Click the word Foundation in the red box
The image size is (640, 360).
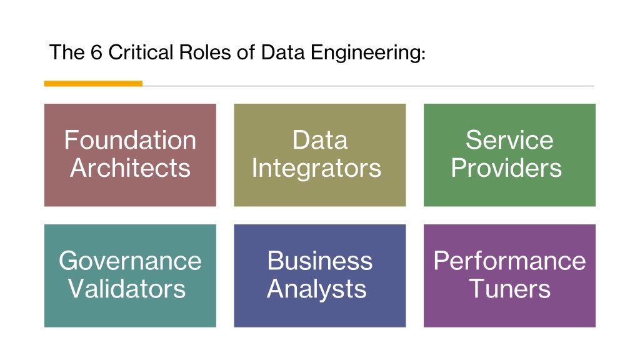pos(130,140)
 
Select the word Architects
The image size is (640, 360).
pos(130,167)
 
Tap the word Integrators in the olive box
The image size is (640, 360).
pos(317,169)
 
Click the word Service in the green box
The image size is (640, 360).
pos(509,140)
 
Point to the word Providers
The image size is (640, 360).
pos(506,167)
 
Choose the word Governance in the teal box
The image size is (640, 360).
pos(130,261)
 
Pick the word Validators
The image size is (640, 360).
pos(127,289)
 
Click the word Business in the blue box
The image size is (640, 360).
pos(320,261)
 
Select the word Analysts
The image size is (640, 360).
pos(317,289)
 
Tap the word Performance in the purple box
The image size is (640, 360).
pos(510,261)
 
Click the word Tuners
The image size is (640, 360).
pos(510,289)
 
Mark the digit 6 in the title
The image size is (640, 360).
pos(96,52)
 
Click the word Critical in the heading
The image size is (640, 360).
pos(141,52)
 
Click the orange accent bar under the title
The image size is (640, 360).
pos(94,84)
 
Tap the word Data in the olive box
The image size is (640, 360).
pos(320,140)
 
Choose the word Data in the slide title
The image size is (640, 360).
pos(283,52)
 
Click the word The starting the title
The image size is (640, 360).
pos(67,52)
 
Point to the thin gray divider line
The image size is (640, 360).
pos(369,86)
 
